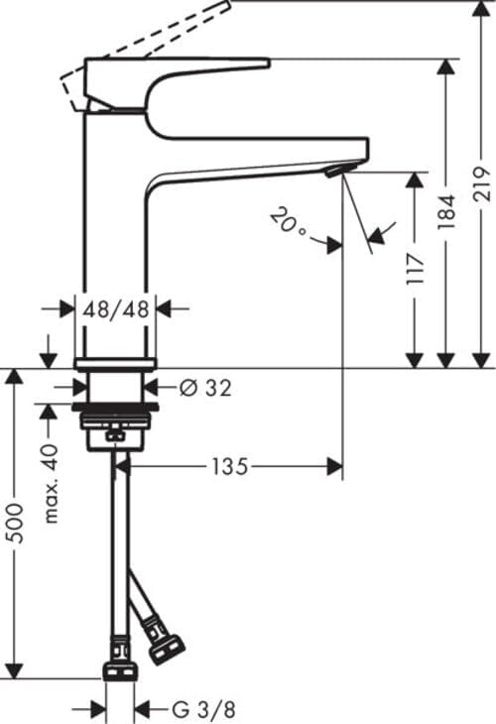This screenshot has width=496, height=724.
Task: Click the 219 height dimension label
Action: click(482, 184)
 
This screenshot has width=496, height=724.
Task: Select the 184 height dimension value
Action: click(447, 212)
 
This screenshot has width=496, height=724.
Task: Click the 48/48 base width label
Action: click(116, 308)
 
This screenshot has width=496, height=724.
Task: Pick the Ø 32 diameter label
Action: click(205, 388)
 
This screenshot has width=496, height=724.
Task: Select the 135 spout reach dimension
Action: click(229, 465)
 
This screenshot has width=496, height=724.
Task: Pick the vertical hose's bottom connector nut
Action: click(119, 672)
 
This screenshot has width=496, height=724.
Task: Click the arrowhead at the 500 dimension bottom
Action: click(14, 670)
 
